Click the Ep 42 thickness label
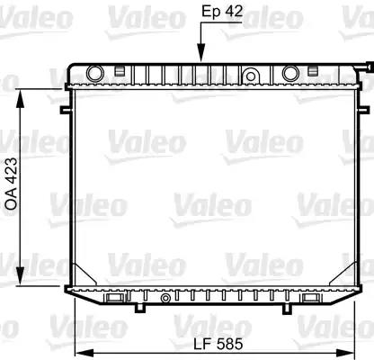coord(222,12)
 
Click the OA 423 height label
coord(12,184)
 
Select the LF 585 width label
coord(218,344)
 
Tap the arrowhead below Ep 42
coord(201,53)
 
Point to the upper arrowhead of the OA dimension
coord(20,98)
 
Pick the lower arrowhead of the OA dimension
coord(20,276)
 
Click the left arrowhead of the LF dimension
coord(84,352)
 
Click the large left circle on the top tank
coord(95,74)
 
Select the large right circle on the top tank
coord(290,74)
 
